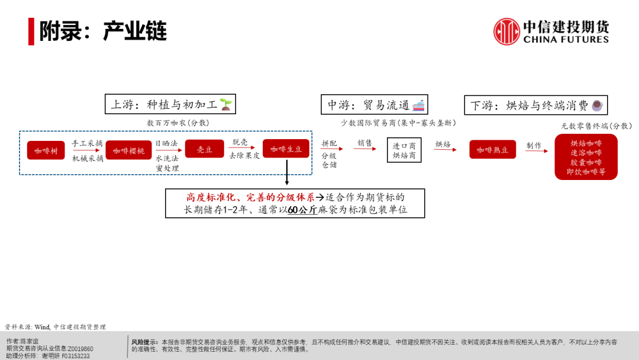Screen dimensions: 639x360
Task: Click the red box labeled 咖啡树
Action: click(46, 150)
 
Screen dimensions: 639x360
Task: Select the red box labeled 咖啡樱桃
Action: click(129, 150)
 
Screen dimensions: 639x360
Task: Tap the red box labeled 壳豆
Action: click(204, 149)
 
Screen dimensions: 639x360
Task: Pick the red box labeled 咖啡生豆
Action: click(286, 149)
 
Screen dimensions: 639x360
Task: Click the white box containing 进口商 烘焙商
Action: click(404, 150)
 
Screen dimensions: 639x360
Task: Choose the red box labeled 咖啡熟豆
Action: click(492, 150)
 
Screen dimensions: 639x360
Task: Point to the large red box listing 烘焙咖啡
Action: click(586, 157)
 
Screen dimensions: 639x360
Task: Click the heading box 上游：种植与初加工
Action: click(170, 105)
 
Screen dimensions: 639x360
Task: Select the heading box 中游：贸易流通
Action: click(375, 105)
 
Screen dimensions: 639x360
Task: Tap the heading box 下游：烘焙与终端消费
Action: click(535, 105)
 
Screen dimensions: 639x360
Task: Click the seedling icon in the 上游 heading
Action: click(226, 105)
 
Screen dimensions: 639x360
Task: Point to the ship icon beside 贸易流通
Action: click(418, 105)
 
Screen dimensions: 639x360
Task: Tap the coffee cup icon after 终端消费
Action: click(597, 105)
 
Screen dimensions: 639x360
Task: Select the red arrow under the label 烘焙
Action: click(444, 150)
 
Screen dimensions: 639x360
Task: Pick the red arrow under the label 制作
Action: click(535, 151)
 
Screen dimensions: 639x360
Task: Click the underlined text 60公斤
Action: click(302, 210)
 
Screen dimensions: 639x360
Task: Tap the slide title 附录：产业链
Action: click(103, 31)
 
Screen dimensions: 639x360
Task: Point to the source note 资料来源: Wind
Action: click(55, 327)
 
